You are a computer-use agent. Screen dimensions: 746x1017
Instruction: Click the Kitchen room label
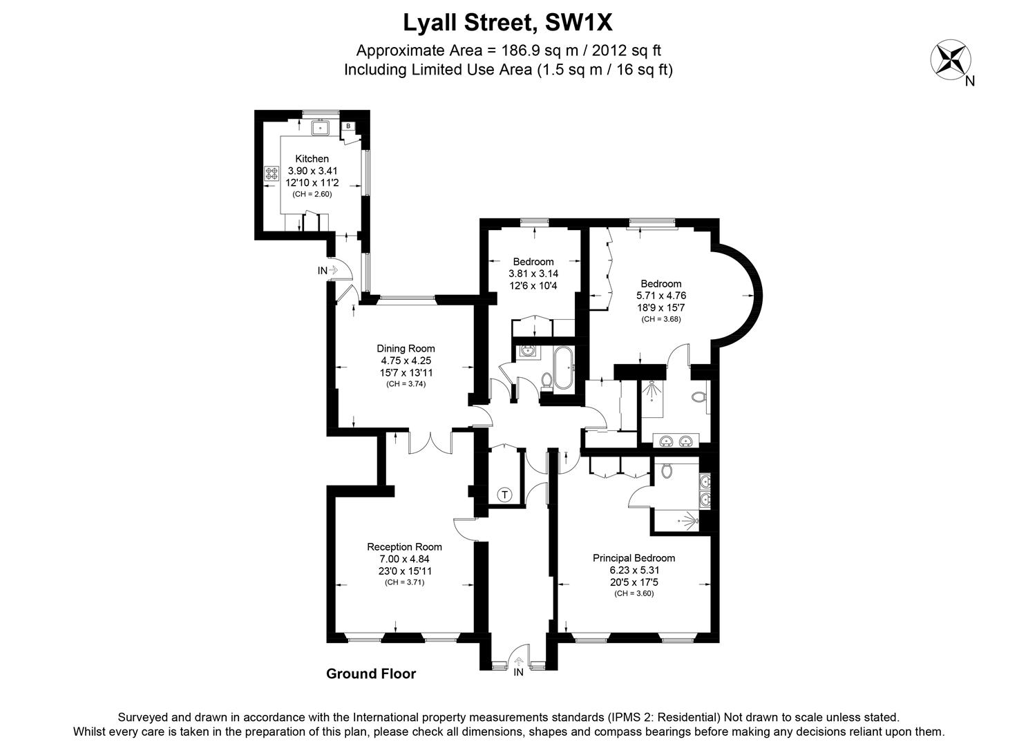[x=312, y=159]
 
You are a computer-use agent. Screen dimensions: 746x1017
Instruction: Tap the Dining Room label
[x=406, y=349]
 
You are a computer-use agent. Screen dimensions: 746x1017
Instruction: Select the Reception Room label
[x=404, y=547]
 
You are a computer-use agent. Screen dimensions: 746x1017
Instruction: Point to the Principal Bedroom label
[x=634, y=558]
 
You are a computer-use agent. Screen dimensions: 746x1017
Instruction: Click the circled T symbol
[x=505, y=495]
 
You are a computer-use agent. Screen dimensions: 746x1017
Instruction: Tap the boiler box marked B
[x=348, y=126]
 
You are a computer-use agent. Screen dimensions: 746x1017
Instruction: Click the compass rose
[x=951, y=59]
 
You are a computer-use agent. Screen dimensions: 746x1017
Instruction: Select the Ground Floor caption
[x=371, y=674]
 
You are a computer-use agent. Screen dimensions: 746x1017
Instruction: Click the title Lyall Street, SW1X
[x=508, y=23]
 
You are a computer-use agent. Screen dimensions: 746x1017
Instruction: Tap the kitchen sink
[x=321, y=127]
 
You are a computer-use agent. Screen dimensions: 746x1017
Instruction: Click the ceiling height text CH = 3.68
[x=660, y=319]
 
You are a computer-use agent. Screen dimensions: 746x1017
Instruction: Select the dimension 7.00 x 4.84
[x=404, y=559]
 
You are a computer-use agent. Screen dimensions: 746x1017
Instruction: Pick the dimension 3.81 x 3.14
[x=533, y=274]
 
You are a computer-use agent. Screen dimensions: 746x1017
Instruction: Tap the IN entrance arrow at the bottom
[x=519, y=664]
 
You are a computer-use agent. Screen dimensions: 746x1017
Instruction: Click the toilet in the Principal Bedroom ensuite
[x=666, y=471]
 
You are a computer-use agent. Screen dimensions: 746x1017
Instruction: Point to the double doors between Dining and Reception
[x=430, y=442]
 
